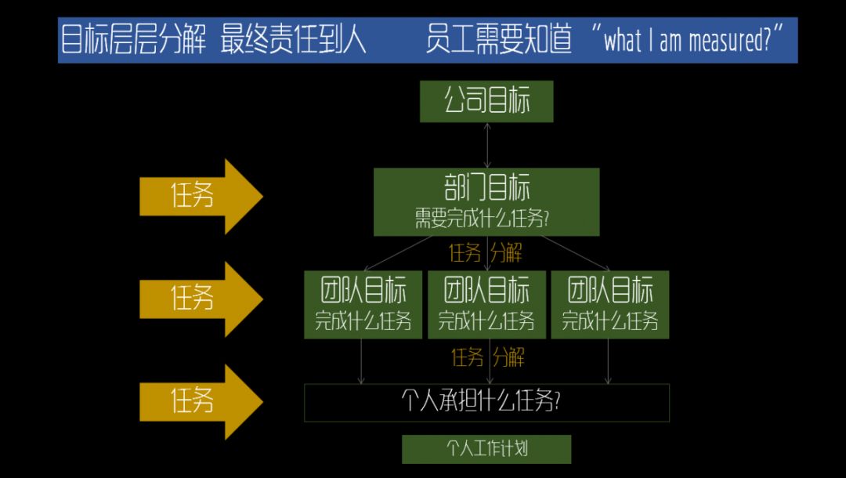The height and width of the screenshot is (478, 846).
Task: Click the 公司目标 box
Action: (x=486, y=102)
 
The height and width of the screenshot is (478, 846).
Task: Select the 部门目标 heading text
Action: (x=486, y=189)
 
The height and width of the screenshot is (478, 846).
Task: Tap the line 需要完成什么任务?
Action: (x=482, y=219)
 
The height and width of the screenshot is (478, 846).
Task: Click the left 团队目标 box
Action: (x=363, y=304)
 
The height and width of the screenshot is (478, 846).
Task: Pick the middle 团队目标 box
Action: (x=486, y=304)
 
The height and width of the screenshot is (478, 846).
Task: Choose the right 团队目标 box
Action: (x=610, y=304)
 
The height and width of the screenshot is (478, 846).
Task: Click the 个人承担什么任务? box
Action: (x=486, y=403)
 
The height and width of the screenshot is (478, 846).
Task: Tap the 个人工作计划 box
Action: (x=486, y=449)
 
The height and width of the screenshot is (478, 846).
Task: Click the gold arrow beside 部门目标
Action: (x=200, y=196)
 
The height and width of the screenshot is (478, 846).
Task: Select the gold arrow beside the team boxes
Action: (x=200, y=299)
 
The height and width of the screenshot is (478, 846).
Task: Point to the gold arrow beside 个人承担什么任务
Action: (x=200, y=401)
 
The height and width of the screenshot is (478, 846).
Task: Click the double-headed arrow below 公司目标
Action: (x=487, y=145)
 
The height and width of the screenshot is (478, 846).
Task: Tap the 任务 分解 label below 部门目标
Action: (x=486, y=253)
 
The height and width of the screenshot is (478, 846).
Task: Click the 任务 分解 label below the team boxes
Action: (x=487, y=358)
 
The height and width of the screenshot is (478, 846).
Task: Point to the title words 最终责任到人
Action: (x=294, y=41)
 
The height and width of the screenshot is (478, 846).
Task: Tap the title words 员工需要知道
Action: (x=499, y=41)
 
